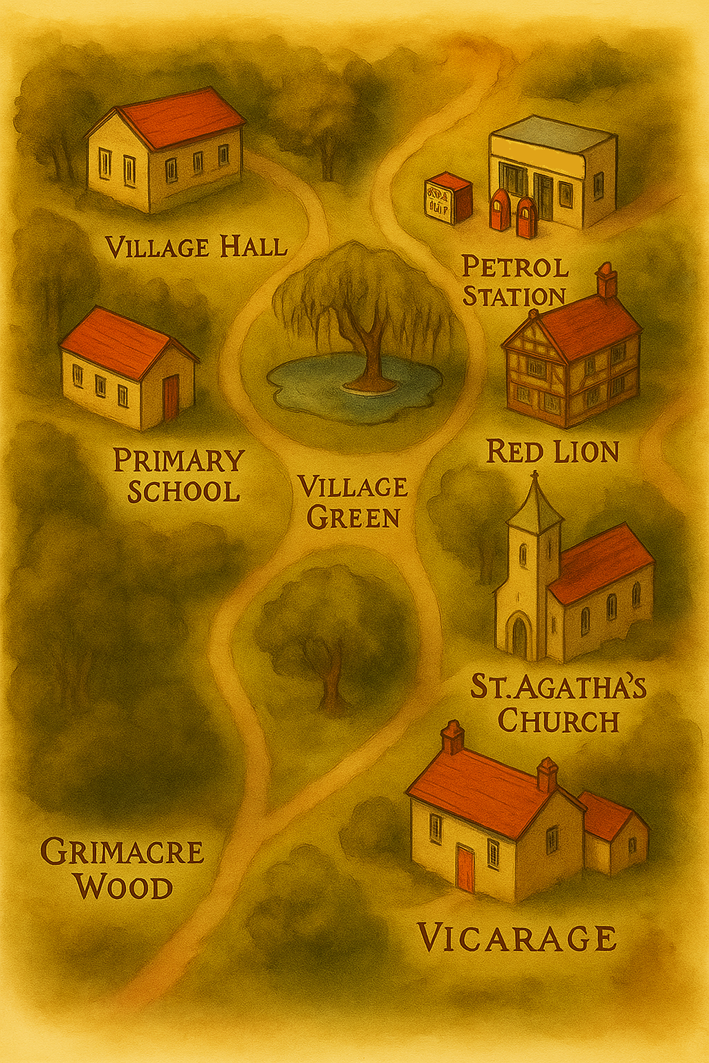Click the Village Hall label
[x=196, y=247]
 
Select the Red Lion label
[x=552, y=452]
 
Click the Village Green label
[x=353, y=502]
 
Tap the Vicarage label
[x=517, y=938]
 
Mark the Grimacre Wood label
[x=123, y=869]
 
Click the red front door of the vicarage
[x=466, y=869]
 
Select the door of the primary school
[x=171, y=397]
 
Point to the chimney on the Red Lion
[x=607, y=280]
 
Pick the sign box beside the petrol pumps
[x=447, y=198]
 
